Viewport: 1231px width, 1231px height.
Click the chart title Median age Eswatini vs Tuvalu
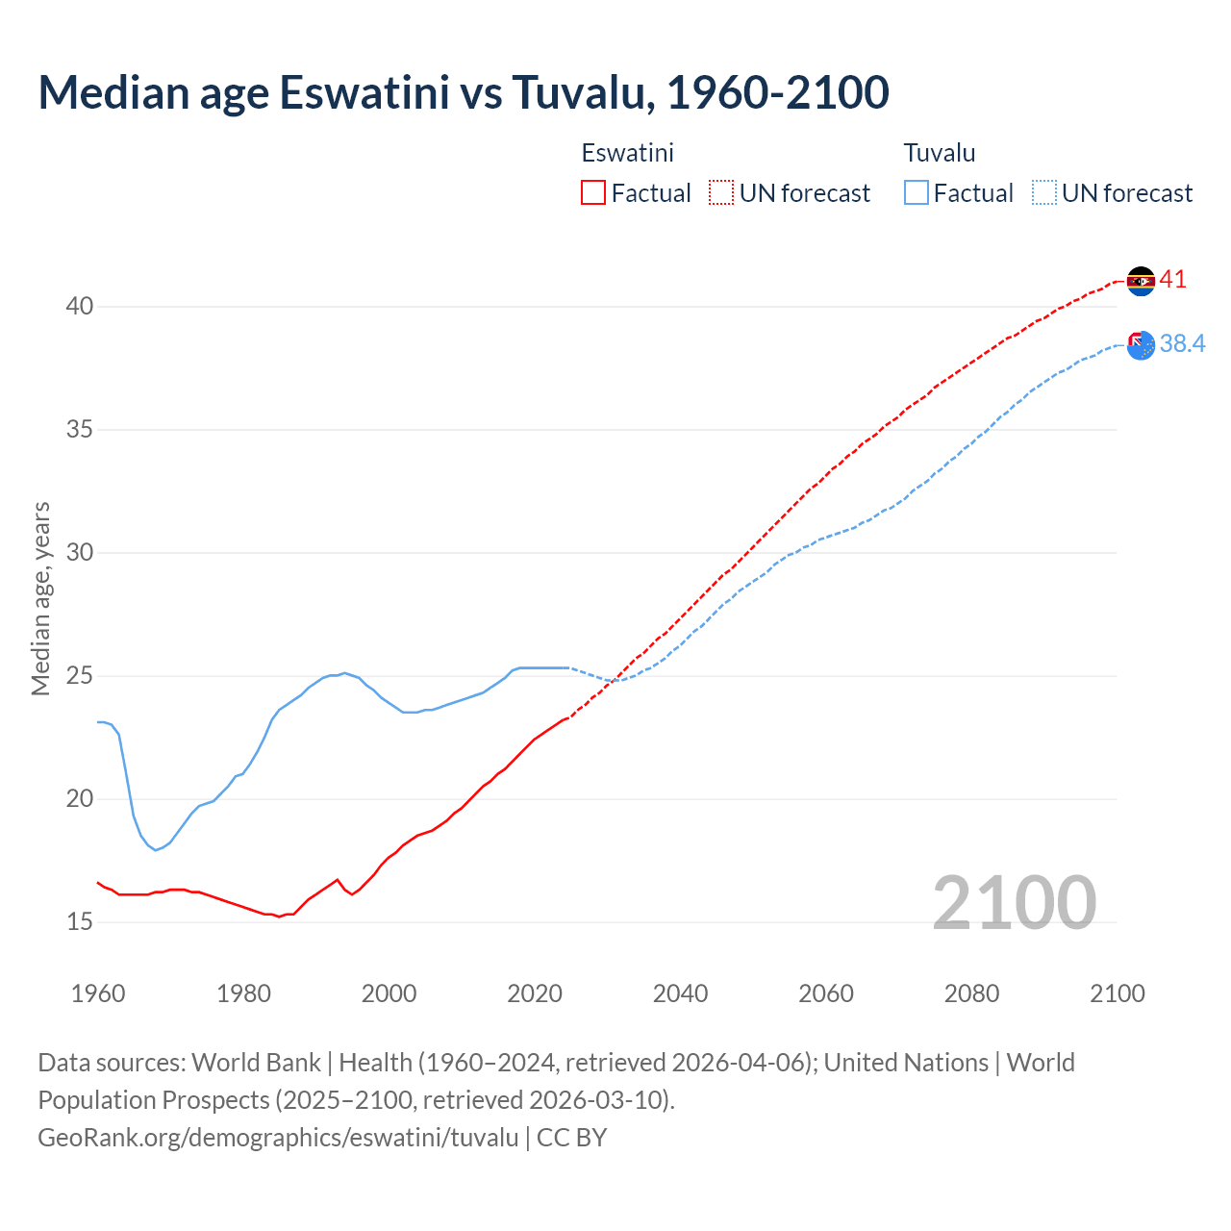[463, 92]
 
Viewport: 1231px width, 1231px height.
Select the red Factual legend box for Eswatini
[593, 192]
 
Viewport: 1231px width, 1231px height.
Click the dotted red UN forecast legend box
[721, 192]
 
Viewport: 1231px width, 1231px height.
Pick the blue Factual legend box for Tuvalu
[916, 192]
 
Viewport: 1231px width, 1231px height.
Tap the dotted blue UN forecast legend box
[1043, 192]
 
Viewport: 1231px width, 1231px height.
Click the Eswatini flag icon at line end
[1141, 281]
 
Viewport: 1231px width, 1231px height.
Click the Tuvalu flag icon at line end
[1141, 345]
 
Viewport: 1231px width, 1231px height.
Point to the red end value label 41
[1172, 280]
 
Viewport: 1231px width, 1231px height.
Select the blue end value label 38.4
[1182, 344]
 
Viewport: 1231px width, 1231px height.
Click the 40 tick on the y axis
[80, 307]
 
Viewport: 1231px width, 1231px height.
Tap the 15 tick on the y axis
[80, 921]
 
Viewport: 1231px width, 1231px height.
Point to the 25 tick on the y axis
[80, 676]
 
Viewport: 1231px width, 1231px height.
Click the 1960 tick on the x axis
[98, 993]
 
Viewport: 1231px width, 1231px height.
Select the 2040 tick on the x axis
[680, 993]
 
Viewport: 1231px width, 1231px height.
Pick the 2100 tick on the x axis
[1117, 993]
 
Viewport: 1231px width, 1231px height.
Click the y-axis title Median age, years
[40, 598]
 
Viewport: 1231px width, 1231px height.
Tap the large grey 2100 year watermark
[1014, 902]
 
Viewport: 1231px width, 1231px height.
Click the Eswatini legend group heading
[627, 153]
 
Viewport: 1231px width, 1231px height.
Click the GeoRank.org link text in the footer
[278, 1138]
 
